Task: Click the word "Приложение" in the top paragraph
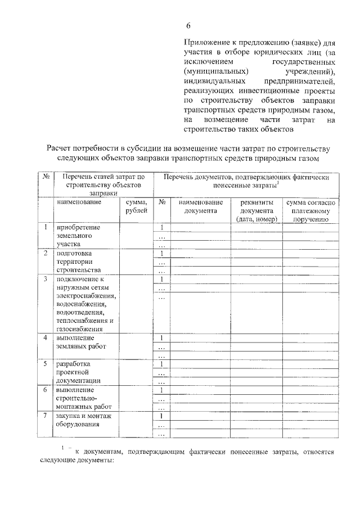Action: tap(207, 42)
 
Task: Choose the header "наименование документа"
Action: tap(200, 206)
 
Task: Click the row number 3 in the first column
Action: tap(45, 279)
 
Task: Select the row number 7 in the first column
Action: tap(45, 416)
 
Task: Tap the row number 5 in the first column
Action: tap(45, 364)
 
